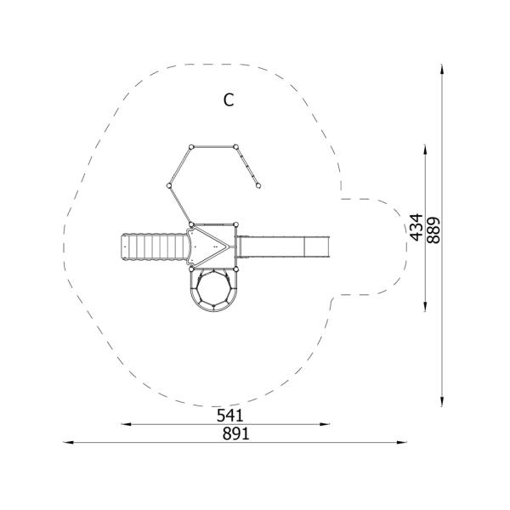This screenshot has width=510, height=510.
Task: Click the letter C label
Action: click(x=229, y=99)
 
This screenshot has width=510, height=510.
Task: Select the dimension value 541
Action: click(x=230, y=416)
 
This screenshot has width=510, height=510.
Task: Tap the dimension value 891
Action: click(x=236, y=433)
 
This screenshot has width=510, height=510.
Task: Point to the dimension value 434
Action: click(x=416, y=227)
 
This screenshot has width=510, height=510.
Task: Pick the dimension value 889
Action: click(x=433, y=230)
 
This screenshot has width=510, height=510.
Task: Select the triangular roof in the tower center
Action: click(x=207, y=246)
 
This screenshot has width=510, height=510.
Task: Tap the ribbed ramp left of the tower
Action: click(x=155, y=246)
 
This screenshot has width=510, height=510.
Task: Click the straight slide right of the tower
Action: click(x=283, y=246)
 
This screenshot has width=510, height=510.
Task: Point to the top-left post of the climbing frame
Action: click(x=191, y=147)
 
